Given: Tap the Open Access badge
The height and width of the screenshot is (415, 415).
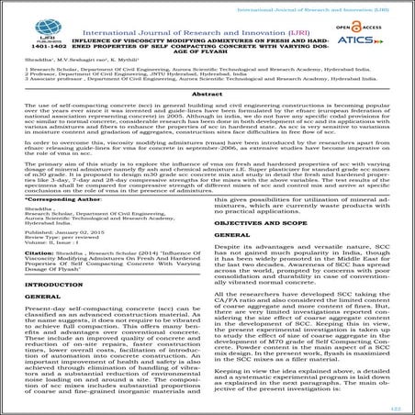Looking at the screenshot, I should tap(352, 28).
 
